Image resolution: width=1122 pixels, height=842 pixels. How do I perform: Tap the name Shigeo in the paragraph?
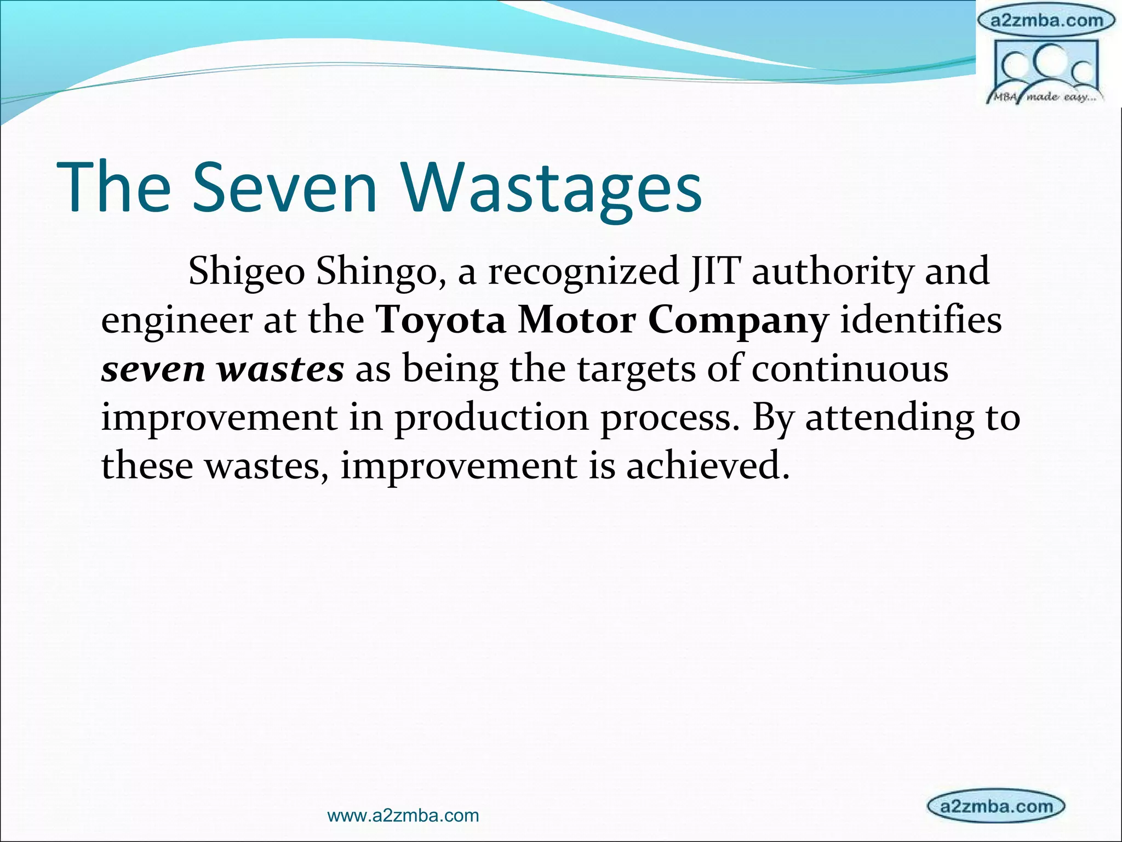(247, 271)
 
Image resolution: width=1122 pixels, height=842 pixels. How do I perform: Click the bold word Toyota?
(440, 320)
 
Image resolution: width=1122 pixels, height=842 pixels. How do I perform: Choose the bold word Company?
(738, 320)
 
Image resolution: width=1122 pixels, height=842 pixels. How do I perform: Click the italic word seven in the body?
(153, 369)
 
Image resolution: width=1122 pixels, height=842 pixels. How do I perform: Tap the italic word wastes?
(280, 369)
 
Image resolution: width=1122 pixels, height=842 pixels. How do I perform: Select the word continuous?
(850, 369)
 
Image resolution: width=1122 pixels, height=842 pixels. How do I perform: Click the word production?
(491, 418)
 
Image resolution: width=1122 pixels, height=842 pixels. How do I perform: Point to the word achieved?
(707, 466)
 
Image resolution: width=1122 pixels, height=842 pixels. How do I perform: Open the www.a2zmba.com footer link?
(403, 816)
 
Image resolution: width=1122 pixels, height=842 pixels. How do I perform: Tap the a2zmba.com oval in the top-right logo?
(1046, 21)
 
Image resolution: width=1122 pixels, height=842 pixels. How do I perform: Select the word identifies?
(921, 320)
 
